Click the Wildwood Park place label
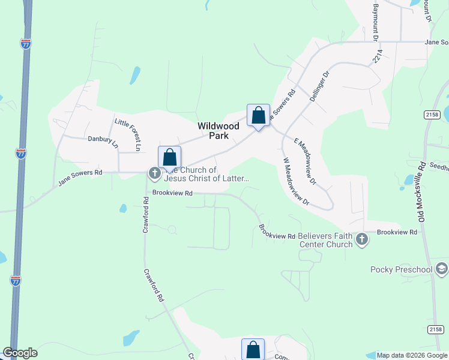(219, 131)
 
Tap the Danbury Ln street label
(102, 141)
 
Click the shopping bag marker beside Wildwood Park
(258, 115)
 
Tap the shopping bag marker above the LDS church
(170, 157)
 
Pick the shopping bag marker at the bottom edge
(253, 349)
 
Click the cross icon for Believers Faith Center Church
(361, 240)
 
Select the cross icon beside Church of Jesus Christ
(154, 174)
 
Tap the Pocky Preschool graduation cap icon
(442, 269)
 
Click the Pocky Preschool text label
(402, 269)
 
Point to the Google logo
(20, 353)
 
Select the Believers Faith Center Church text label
(325, 240)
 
